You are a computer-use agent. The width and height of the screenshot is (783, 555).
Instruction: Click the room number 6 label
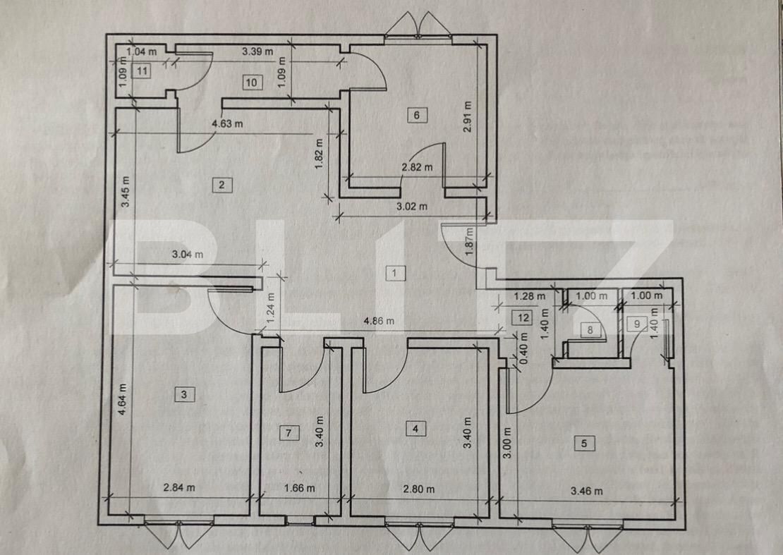coord(417,115)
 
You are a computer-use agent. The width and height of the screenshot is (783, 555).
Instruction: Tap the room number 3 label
coord(183,394)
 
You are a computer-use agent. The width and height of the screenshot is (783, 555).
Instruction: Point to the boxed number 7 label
coord(289,433)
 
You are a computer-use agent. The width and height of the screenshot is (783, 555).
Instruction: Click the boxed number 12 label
coord(522,317)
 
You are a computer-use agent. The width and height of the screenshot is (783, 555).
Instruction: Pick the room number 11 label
coord(143,70)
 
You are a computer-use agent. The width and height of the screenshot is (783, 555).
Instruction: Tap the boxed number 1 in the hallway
coord(396,272)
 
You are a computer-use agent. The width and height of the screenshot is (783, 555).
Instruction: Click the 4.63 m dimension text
coord(227,124)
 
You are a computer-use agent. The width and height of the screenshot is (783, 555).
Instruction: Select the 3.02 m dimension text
coord(413,207)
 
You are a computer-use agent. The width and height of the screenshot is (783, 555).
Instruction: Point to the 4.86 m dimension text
coord(378,321)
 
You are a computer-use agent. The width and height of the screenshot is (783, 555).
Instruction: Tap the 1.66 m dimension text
coord(299,488)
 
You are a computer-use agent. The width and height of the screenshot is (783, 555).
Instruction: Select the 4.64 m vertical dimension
coord(123,399)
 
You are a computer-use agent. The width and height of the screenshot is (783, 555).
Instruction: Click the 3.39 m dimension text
coord(257,51)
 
